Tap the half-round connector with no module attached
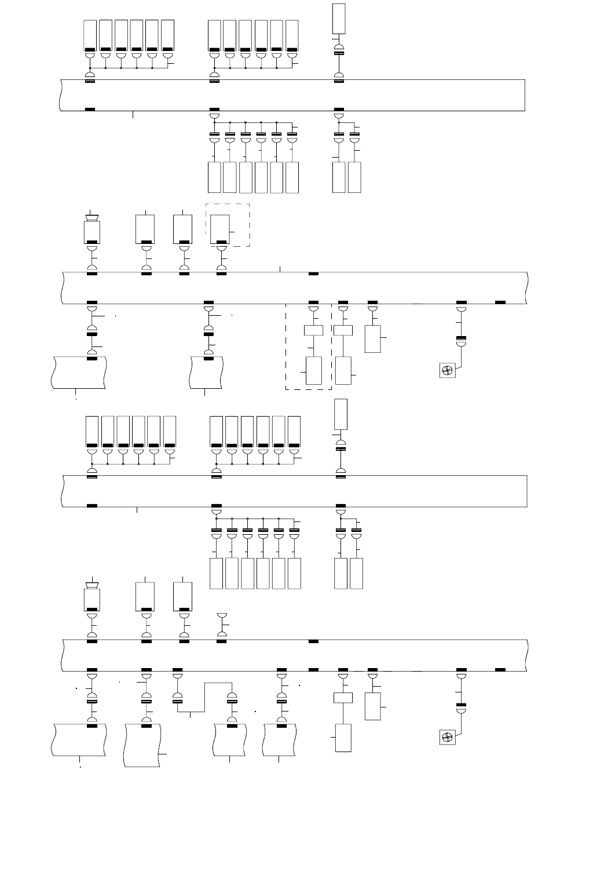point(221,616)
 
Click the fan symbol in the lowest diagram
point(447,738)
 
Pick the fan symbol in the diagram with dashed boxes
point(448,371)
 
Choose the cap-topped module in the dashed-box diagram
point(92,230)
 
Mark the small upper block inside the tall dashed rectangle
point(313,331)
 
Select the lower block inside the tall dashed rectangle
point(313,370)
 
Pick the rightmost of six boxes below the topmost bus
point(292,177)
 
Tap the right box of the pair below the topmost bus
point(354,177)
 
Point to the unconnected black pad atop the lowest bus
point(313,641)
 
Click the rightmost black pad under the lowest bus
point(500,670)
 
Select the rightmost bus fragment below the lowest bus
point(281,739)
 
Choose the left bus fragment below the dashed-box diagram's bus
point(78,372)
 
